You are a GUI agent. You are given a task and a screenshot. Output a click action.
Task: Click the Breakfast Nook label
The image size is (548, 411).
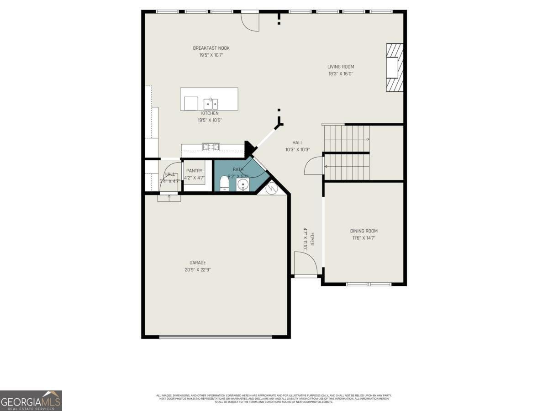coord(211,48)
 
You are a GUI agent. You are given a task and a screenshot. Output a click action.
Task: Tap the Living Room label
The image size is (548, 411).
coord(341,67)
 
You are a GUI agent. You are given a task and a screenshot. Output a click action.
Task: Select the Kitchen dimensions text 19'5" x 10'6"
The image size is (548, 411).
coord(210,120)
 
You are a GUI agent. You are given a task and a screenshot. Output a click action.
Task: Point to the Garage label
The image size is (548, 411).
coord(198,263)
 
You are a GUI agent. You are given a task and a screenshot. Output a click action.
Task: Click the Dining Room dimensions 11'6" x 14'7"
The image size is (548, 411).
coord(364,238)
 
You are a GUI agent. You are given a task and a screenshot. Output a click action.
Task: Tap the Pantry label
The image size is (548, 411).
coord(194,171)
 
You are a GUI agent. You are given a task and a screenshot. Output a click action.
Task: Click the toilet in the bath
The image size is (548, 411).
coord(224,183)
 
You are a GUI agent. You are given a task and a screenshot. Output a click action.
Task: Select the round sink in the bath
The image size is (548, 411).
coord(243,184)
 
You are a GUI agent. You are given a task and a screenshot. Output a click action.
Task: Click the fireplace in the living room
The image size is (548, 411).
coord(394,68)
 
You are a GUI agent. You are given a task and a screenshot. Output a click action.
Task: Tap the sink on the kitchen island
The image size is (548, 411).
coord(211,104)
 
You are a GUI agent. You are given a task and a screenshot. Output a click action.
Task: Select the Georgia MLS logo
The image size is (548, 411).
coord(31,400)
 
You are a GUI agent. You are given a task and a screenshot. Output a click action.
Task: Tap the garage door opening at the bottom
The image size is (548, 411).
coord(216,337)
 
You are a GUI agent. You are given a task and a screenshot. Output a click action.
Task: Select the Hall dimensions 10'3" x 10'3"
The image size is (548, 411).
coord(298,149)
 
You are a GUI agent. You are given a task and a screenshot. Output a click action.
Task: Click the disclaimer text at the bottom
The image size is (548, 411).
coord(274,398)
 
